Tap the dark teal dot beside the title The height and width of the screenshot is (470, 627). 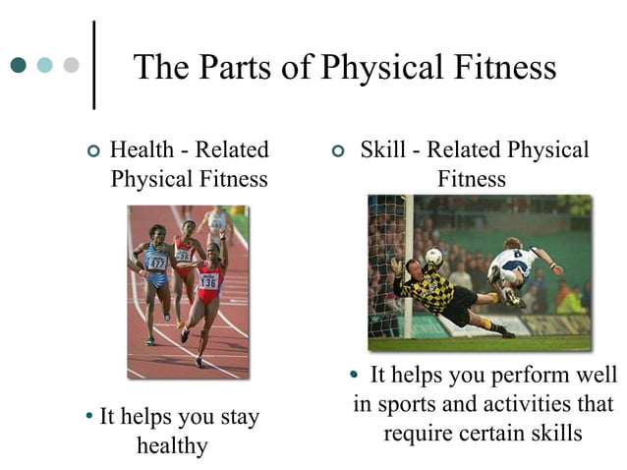[19, 66]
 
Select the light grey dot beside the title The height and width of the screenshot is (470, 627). [71, 66]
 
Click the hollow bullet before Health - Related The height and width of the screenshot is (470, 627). [92, 152]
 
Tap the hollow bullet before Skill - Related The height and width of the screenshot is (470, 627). [338, 152]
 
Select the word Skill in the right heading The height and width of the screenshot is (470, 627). [381, 150]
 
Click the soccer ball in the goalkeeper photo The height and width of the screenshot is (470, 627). [433, 257]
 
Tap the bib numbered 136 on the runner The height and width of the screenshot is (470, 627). [207, 280]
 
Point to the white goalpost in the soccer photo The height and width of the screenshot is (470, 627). [408, 265]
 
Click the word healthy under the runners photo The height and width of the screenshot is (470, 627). [172, 445]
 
